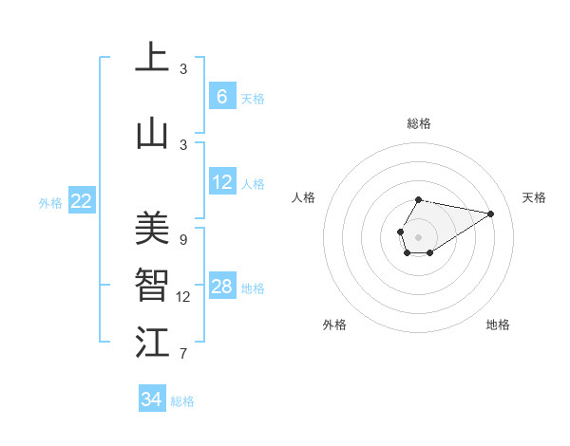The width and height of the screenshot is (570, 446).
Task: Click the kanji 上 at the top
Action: [x=152, y=58]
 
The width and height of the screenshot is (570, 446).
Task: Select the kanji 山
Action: [x=152, y=134]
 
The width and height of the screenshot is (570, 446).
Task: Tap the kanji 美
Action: [x=152, y=228]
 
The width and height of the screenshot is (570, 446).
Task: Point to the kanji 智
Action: [x=152, y=286]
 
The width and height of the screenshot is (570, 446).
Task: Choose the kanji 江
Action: [x=152, y=343]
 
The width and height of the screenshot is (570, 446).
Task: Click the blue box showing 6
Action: [x=221, y=96]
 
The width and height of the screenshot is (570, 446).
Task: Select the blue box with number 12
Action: [x=221, y=182]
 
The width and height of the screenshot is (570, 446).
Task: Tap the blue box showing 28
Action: [x=221, y=287]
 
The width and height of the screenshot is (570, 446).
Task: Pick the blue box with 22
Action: [x=82, y=200]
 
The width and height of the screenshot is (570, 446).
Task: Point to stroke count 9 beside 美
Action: [x=182, y=240]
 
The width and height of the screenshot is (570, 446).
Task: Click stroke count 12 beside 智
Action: [x=183, y=297]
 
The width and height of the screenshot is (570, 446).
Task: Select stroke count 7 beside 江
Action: [x=182, y=355]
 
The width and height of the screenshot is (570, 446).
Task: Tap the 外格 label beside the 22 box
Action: [x=50, y=202]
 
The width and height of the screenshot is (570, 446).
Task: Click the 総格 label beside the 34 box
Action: [x=182, y=401]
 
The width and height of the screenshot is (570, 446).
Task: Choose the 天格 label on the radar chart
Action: [x=534, y=197]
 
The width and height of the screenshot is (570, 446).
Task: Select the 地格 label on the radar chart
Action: [x=498, y=325]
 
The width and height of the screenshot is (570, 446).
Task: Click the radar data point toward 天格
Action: [x=491, y=213]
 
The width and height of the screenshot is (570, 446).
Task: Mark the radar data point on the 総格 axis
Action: [x=419, y=199]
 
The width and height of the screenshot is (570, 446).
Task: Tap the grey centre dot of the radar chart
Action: [x=418, y=236]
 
